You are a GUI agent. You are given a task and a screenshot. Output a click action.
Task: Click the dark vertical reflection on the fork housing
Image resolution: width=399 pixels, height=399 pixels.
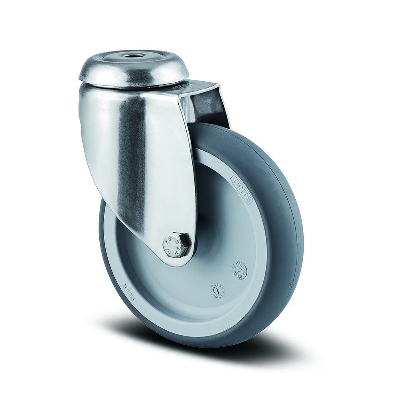pyautogui.click(x=136, y=160)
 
